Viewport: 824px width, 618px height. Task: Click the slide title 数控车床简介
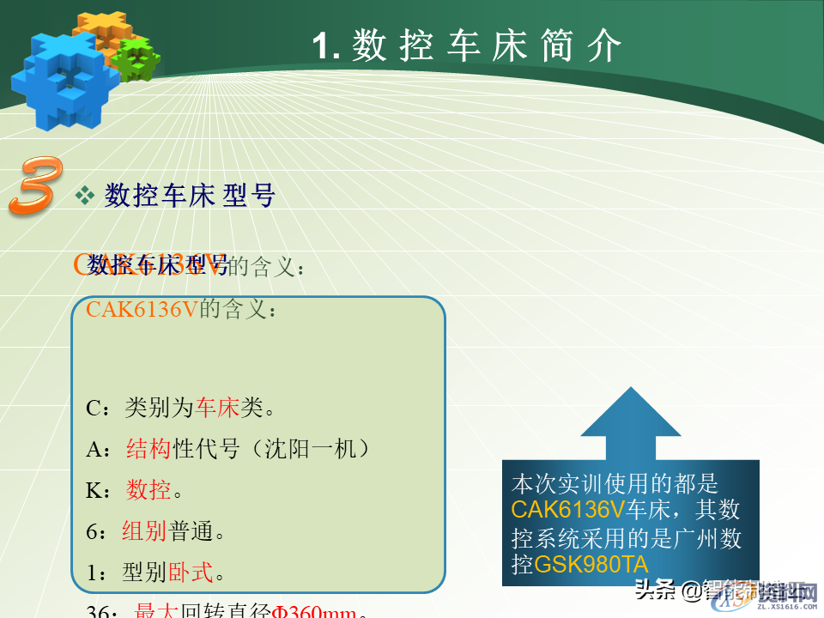pyautogui.click(x=467, y=45)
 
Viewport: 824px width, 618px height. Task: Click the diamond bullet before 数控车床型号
pyautogui.click(x=85, y=196)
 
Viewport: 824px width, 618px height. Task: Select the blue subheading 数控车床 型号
pyautogui.click(x=190, y=197)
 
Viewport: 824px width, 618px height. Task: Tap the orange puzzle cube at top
pyautogui.click(x=101, y=30)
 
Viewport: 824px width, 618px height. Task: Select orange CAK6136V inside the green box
pyautogui.click(x=142, y=310)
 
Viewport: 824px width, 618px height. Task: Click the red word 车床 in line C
pyautogui.click(x=217, y=408)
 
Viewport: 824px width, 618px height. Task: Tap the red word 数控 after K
pyautogui.click(x=149, y=490)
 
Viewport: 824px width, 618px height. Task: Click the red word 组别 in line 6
pyautogui.click(x=143, y=531)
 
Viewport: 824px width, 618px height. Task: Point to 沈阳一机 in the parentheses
pyautogui.click(x=317, y=449)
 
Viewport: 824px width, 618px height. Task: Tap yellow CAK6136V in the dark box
pyautogui.click(x=567, y=510)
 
